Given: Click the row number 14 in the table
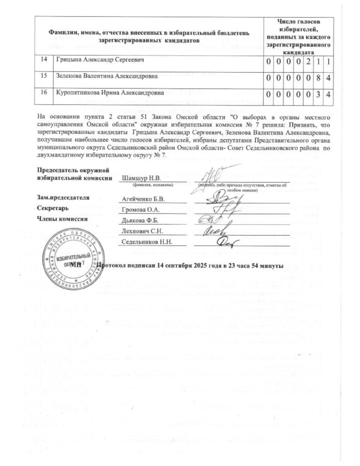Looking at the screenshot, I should (x=44, y=60).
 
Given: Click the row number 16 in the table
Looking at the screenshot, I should (x=44, y=92).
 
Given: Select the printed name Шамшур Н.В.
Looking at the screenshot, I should (x=139, y=177).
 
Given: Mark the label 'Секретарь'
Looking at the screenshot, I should (x=53, y=208).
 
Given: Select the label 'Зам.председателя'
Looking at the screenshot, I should (x=63, y=198).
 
